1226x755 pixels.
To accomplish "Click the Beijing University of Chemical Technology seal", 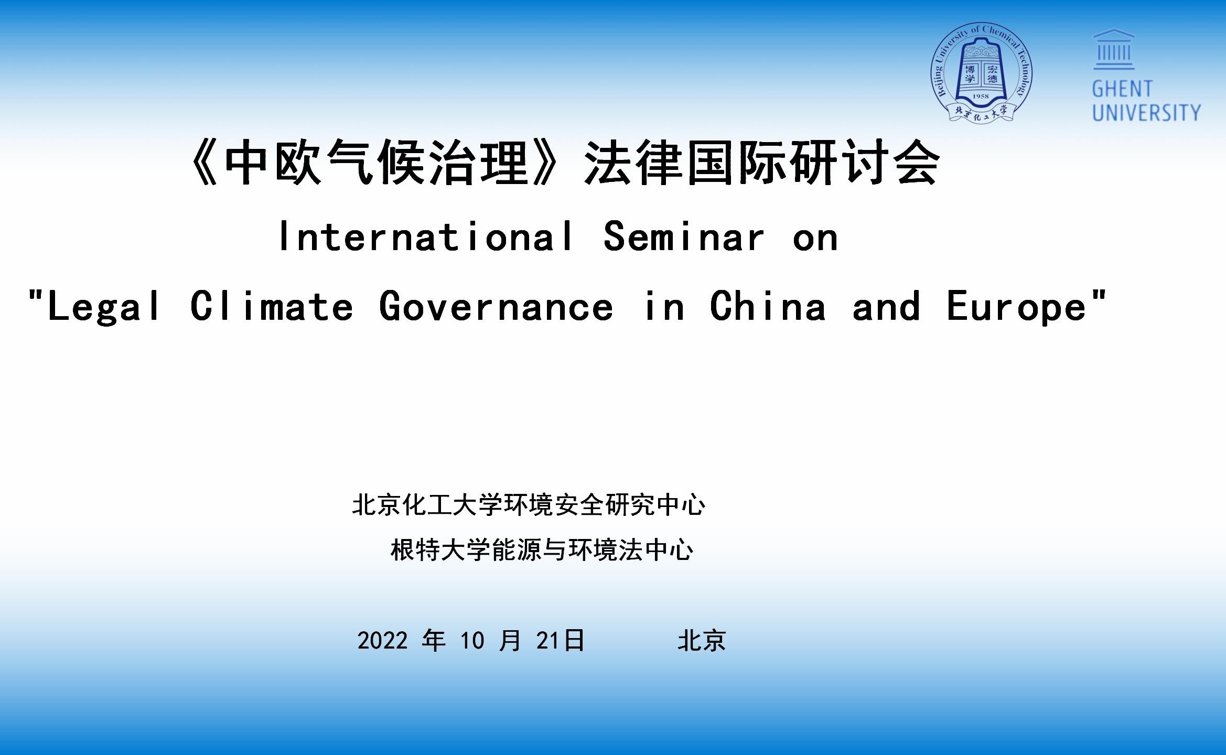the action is pyautogui.click(x=981, y=73).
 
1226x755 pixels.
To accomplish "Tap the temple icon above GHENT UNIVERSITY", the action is pyautogui.click(x=1114, y=49).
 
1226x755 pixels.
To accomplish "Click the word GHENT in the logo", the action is pyautogui.click(x=1122, y=89).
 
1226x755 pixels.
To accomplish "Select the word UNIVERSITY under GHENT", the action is pyautogui.click(x=1146, y=113).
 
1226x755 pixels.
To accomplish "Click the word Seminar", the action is pyautogui.click(x=684, y=236).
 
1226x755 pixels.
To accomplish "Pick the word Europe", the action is pyautogui.click(x=1016, y=307).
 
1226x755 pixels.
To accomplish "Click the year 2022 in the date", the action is pyautogui.click(x=382, y=641).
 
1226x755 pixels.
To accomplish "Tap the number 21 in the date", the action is pyautogui.click(x=547, y=641).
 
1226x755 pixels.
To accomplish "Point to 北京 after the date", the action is pyautogui.click(x=702, y=641).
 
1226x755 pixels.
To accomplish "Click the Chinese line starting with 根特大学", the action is pyautogui.click(x=542, y=550).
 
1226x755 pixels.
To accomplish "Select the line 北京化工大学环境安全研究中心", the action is pyautogui.click(x=529, y=505).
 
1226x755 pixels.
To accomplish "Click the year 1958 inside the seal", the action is pyautogui.click(x=981, y=96).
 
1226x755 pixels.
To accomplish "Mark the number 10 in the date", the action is pyautogui.click(x=472, y=641).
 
